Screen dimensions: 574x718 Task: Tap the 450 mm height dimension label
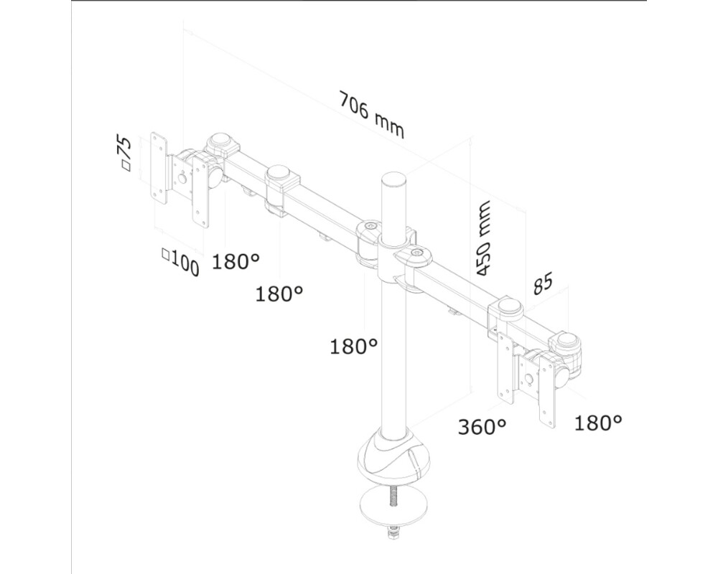tap(485, 238)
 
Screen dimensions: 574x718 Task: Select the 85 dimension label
tap(543, 285)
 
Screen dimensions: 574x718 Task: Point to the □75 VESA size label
tap(125, 153)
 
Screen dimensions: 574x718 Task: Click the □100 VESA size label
tap(180, 263)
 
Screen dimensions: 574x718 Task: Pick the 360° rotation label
tap(482, 427)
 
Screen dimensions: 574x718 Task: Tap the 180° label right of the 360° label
tap(597, 423)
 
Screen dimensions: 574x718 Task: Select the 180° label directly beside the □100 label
tap(236, 262)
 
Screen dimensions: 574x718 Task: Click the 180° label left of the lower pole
tap(354, 347)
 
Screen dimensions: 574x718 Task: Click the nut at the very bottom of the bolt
tap(393, 533)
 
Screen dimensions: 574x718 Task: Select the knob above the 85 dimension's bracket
tap(509, 306)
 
